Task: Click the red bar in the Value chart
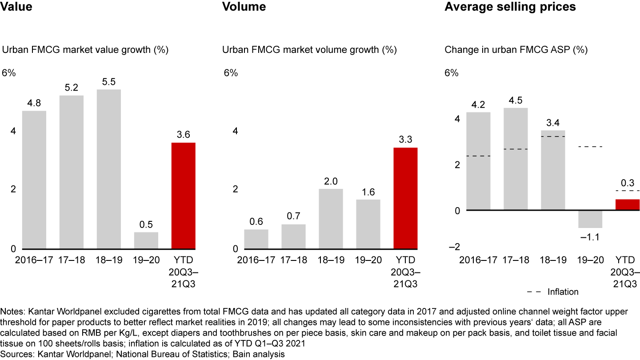183,196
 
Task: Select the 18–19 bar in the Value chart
108,169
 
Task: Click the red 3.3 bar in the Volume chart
405,198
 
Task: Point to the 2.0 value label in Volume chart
331,181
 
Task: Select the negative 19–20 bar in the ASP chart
590,219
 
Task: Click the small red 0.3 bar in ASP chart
627,205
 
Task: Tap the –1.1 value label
590,237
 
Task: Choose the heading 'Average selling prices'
510,7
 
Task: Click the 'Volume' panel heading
244,7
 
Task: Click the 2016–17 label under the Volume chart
256,260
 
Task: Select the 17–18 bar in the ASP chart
516,159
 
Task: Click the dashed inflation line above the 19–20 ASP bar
590,147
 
